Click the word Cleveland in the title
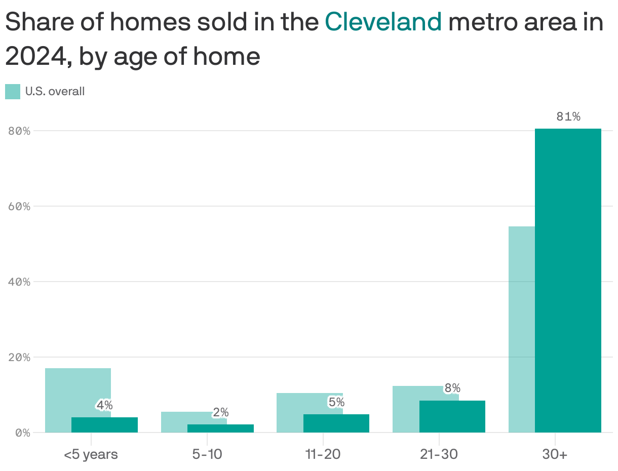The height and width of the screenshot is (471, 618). (383, 22)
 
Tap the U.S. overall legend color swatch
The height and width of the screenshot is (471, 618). (13, 92)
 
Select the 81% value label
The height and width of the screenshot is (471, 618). (568, 117)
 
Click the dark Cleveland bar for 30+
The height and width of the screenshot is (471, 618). (568, 279)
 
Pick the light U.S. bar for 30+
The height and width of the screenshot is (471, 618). (521, 329)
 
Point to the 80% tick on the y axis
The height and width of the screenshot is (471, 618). (20, 131)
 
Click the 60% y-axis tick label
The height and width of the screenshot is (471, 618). (20, 207)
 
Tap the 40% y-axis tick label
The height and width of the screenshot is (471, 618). (20, 282)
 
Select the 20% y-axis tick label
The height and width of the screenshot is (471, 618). (20, 357)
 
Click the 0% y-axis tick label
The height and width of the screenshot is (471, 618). (22, 433)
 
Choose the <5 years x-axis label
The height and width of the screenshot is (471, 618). (91, 454)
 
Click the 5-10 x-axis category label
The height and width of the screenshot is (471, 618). (207, 454)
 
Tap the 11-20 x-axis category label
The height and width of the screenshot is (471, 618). (323, 454)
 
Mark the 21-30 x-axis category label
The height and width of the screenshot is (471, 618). (439, 454)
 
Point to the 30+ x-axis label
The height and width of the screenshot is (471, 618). (555, 454)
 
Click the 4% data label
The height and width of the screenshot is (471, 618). (104, 405)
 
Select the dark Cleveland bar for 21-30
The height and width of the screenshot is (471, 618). (452, 416)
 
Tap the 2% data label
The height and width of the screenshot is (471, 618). (220, 413)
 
